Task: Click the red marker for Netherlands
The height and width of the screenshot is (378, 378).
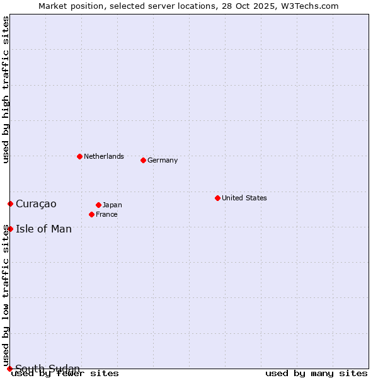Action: (79, 156)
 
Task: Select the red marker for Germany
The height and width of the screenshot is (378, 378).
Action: (143, 160)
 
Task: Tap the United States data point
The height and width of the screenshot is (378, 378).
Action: (217, 198)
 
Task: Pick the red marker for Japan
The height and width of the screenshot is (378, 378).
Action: (98, 205)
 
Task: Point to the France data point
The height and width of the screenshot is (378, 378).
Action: (91, 214)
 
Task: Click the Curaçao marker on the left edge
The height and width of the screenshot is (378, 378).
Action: (10, 203)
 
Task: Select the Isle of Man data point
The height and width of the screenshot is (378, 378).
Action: (10, 229)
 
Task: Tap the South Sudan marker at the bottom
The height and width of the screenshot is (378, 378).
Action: (9, 369)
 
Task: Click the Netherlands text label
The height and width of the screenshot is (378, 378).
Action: (103, 156)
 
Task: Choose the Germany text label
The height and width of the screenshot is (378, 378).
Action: (163, 160)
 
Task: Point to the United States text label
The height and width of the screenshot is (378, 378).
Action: (244, 198)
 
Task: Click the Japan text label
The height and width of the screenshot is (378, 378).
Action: (112, 205)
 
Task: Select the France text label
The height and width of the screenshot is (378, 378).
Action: (106, 214)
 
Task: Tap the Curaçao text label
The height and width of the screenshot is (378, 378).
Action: (36, 203)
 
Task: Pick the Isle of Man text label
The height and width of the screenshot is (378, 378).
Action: (43, 229)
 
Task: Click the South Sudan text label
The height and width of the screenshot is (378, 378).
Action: (47, 369)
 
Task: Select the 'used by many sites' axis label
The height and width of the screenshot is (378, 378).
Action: (316, 373)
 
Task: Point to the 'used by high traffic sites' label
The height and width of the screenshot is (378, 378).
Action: (6, 89)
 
